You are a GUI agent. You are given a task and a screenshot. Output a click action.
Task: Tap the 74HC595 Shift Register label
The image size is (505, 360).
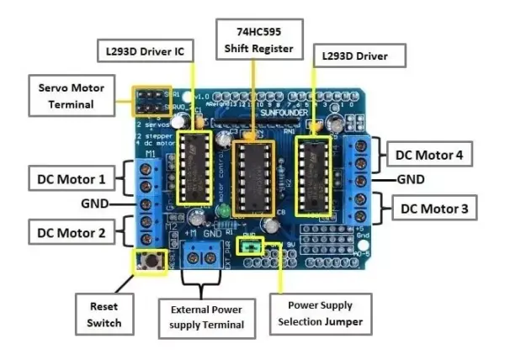pyautogui.click(x=258, y=39)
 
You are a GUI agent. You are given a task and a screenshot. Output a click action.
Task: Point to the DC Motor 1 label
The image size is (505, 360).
pyautogui.click(x=72, y=178)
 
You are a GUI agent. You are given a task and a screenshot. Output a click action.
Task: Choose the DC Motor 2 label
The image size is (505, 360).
pyautogui.click(x=72, y=230)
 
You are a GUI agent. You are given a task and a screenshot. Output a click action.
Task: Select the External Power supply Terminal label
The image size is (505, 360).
pyautogui.click(x=207, y=316)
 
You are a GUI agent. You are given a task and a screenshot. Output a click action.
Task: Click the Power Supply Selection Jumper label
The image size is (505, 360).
pyautogui.click(x=320, y=315)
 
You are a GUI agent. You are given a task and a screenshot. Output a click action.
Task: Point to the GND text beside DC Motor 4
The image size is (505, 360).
pyautogui.click(x=411, y=179)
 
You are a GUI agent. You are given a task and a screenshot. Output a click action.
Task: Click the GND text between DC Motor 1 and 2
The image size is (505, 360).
pyautogui.click(x=95, y=204)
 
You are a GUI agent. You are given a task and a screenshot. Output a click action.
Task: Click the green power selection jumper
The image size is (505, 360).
pyautogui.click(x=250, y=246)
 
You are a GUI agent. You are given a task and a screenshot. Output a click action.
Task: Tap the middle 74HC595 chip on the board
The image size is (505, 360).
pyautogui.click(x=252, y=176)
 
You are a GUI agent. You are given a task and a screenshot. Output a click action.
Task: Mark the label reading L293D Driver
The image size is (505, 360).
pyautogui.click(x=360, y=57)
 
